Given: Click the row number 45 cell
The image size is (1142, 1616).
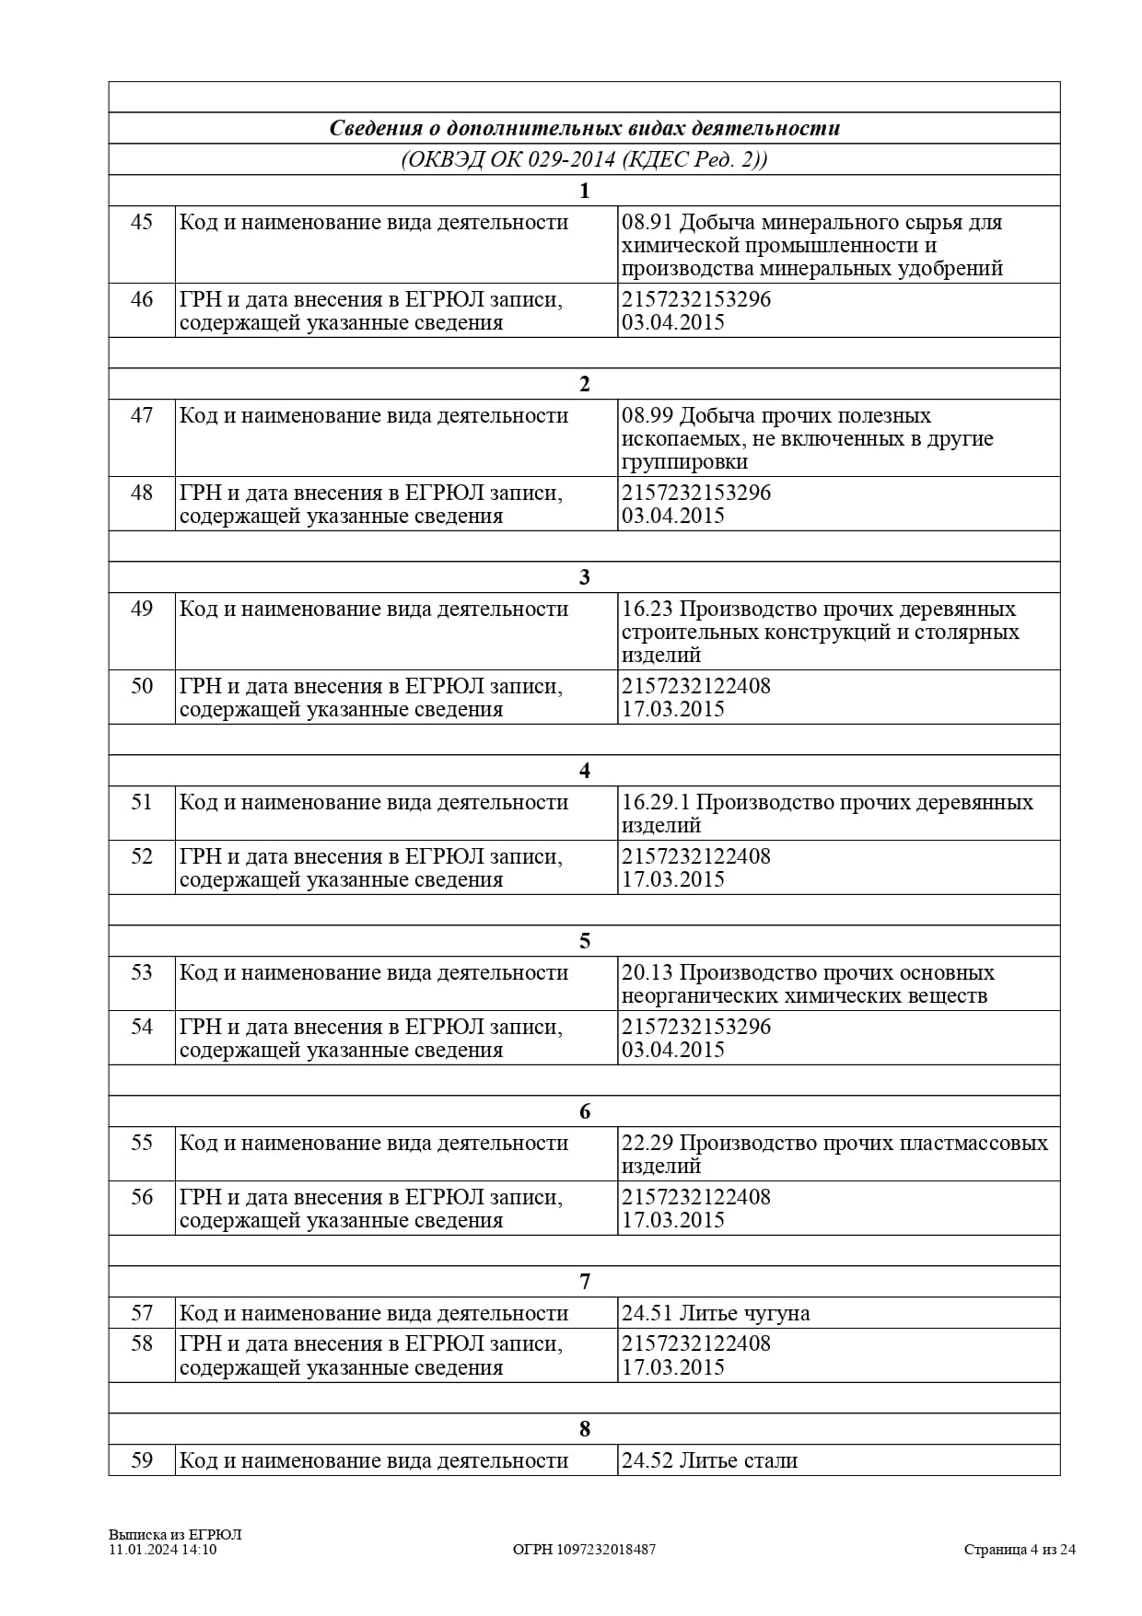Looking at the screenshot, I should pyautogui.click(x=141, y=223).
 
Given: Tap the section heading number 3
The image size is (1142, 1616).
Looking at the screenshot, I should pyautogui.click(x=584, y=577).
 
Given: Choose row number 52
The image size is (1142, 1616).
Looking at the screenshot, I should pyautogui.click(x=141, y=856).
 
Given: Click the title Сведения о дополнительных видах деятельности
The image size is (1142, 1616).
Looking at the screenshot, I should pyautogui.click(x=584, y=128).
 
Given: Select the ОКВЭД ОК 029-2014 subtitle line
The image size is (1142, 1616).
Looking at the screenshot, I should pyautogui.click(x=584, y=159).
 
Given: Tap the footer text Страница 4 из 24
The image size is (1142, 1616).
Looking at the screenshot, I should pyautogui.click(x=1020, y=1549).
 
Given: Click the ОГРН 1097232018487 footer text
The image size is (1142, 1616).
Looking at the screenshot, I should pyautogui.click(x=584, y=1549).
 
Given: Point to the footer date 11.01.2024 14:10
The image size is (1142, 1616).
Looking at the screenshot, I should pyautogui.click(x=162, y=1549).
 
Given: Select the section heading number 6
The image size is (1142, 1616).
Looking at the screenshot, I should pyautogui.click(x=584, y=1111).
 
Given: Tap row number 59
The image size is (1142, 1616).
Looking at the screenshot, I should pyautogui.click(x=141, y=1460).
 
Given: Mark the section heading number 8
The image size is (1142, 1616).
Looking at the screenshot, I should pyautogui.click(x=584, y=1429).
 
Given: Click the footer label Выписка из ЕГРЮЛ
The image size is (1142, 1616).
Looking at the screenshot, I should pyautogui.click(x=174, y=1534).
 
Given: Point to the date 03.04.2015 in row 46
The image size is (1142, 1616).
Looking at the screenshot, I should pyautogui.click(x=673, y=323).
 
